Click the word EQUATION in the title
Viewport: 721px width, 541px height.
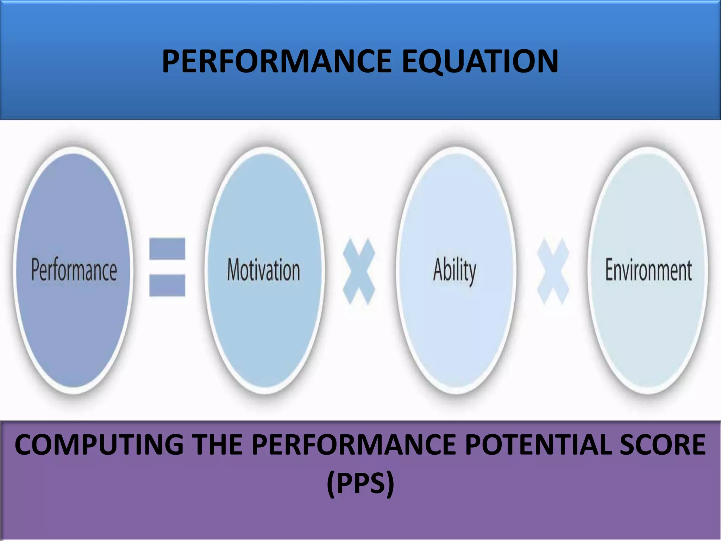coord(479,61)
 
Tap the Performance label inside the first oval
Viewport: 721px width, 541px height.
coord(74,270)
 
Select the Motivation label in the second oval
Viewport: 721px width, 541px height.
coord(263,270)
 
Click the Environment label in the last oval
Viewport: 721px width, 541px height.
coord(648,270)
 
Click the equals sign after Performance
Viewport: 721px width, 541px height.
coord(167,267)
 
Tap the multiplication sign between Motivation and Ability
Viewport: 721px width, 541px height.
coord(359,272)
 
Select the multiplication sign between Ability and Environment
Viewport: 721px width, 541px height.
coord(552,272)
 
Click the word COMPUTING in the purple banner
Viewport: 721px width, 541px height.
coord(99,445)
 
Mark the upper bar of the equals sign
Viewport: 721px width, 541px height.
coord(167,249)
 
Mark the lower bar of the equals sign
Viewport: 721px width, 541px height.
coord(167,285)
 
